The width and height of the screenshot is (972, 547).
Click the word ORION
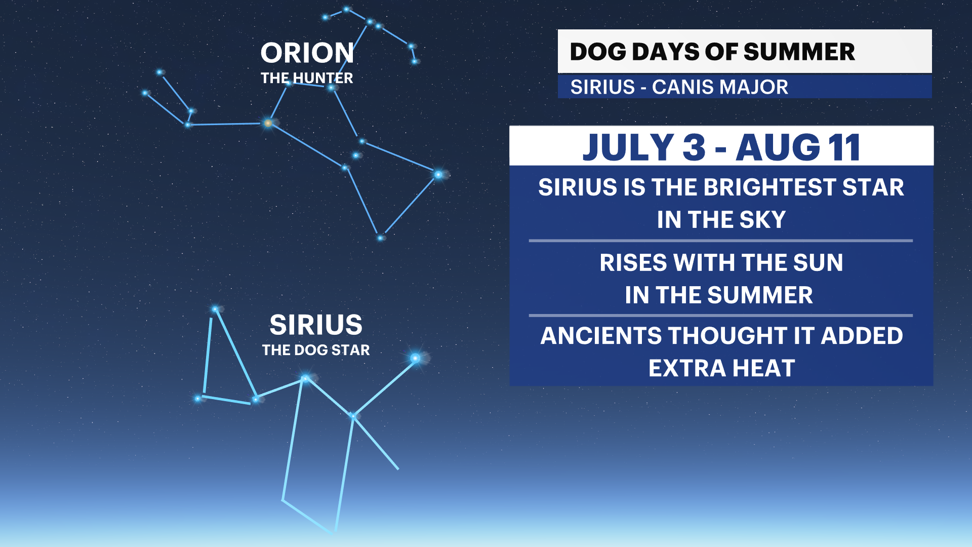tap(307, 53)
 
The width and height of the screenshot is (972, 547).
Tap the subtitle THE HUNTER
tap(307, 78)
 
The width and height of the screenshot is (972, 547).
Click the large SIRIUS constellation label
tap(316, 325)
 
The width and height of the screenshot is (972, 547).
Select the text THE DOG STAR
tap(316, 350)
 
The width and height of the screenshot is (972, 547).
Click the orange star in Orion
tap(268, 123)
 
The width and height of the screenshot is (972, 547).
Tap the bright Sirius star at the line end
tap(415, 359)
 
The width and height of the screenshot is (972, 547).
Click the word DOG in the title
tap(597, 52)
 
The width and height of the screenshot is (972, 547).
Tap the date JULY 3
tap(643, 147)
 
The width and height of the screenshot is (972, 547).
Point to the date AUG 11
tap(798, 147)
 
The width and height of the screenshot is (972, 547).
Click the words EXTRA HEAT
tap(721, 368)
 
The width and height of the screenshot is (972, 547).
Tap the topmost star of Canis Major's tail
tap(216, 309)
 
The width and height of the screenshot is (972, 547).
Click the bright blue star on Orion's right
tap(438, 175)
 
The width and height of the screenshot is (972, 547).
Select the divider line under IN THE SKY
tap(720, 241)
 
